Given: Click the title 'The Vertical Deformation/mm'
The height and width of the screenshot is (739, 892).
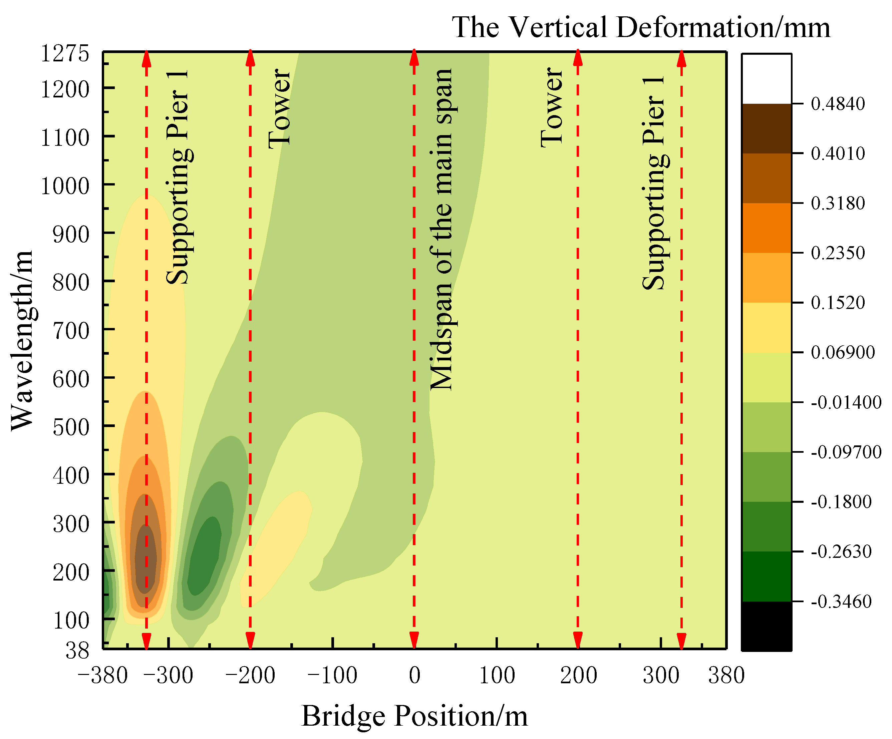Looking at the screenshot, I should pyautogui.click(x=640, y=27).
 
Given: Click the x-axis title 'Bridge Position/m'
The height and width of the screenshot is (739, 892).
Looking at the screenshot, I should pyautogui.click(x=414, y=716).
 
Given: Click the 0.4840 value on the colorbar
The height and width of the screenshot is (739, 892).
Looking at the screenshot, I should pyautogui.click(x=838, y=104).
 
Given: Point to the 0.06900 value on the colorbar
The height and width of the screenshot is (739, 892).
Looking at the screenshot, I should pyautogui.click(x=842, y=352).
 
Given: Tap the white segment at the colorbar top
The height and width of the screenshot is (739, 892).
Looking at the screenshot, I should pyautogui.click(x=766, y=79).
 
